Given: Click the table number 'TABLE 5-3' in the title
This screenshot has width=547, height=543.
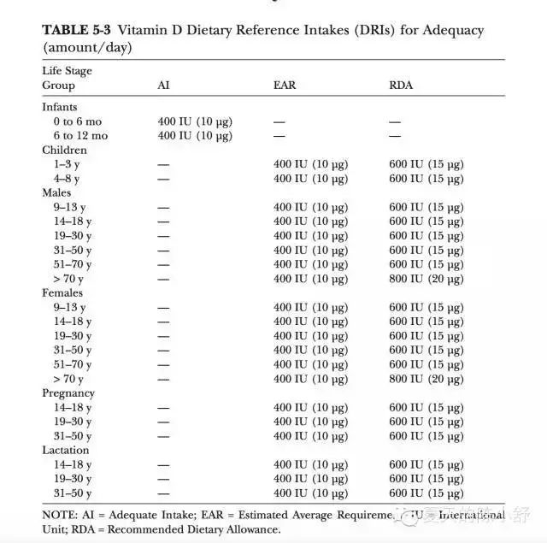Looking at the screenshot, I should [x=77, y=30].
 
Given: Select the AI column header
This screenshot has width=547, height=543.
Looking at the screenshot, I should [x=163, y=86].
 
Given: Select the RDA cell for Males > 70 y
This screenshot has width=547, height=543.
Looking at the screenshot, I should [x=427, y=279].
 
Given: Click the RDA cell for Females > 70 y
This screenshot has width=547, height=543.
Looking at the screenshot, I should [x=427, y=379].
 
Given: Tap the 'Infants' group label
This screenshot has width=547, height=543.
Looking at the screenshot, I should [x=60, y=108].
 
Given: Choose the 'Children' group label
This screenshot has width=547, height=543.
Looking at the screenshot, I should [x=64, y=151].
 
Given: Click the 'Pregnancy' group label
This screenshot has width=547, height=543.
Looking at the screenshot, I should [x=68, y=393].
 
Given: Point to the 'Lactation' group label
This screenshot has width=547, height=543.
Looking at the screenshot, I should [x=66, y=450].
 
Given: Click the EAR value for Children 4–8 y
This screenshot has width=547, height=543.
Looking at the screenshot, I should [x=311, y=179].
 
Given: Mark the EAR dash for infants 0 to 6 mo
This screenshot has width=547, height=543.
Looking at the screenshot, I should [x=279, y=122].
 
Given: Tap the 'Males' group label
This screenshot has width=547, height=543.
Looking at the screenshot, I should [x=57, y=193].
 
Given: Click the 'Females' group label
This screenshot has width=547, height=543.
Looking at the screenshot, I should [x=62, y=292].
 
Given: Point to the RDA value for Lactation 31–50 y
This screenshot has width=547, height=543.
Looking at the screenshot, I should [x=427, y=493].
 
